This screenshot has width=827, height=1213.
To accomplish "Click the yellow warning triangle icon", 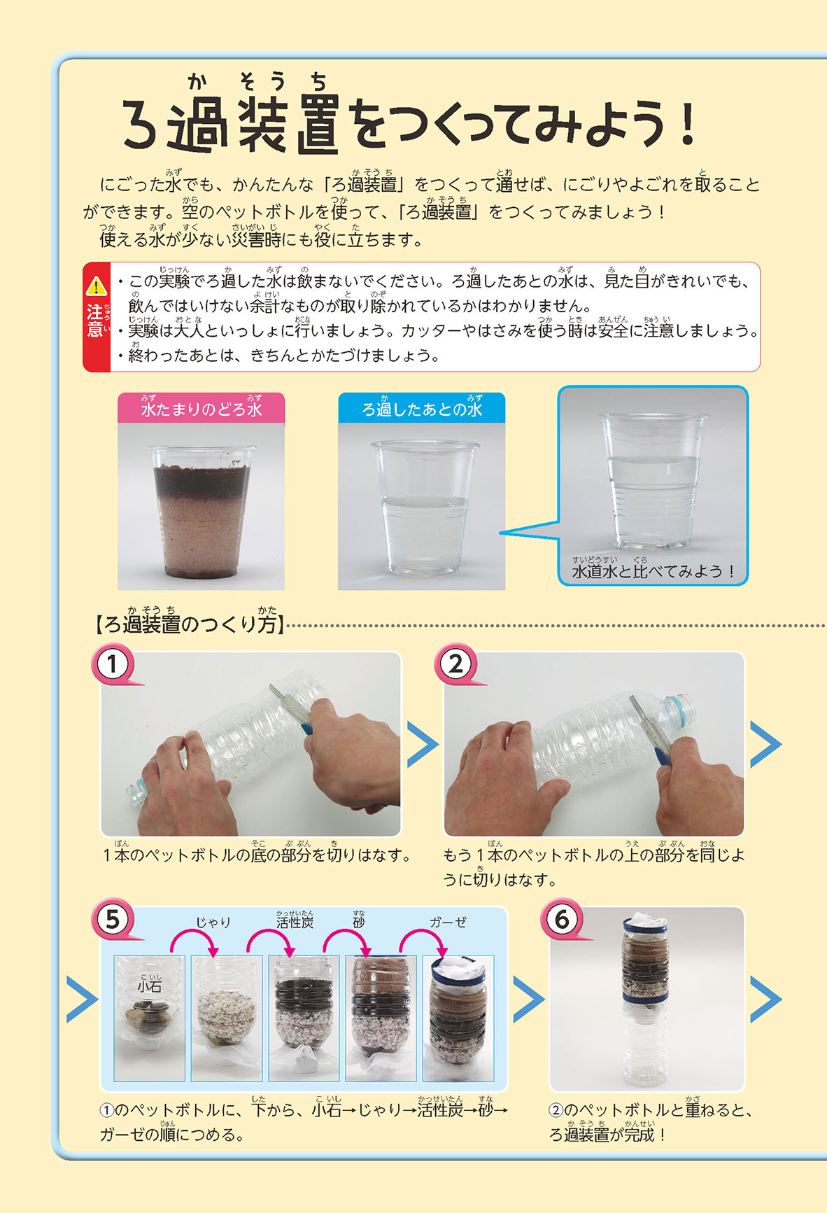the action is pyautogui.click(x=95, y=286).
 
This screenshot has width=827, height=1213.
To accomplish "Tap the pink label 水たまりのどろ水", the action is pyautogui.click(x=201, y=408).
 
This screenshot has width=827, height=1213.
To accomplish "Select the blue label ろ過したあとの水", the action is pyautogui.click(x=421, y=408).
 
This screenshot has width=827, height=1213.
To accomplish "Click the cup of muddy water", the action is pyautogui.click(x=202, y=514).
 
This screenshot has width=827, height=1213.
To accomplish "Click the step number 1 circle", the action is pyautogui.click(x=112, y=664).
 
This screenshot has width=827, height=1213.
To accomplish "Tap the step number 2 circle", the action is pyautogui.click(x=455, y=664).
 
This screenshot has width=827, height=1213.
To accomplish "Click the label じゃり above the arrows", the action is pyautogui.click(x=213, y=923).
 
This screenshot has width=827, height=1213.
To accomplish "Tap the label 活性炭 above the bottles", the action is pyautogui.click(x=295, y=922).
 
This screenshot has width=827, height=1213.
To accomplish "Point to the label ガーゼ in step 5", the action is pyautogui.click(x=448, y=923).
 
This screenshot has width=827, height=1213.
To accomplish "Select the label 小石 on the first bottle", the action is pyautogui.click(x=149, y=986).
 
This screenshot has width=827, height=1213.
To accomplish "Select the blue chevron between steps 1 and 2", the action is pyautogui.click(x=422, y=744).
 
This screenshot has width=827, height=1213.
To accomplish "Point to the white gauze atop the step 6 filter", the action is pyautogui.click(x=645, y=918).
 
